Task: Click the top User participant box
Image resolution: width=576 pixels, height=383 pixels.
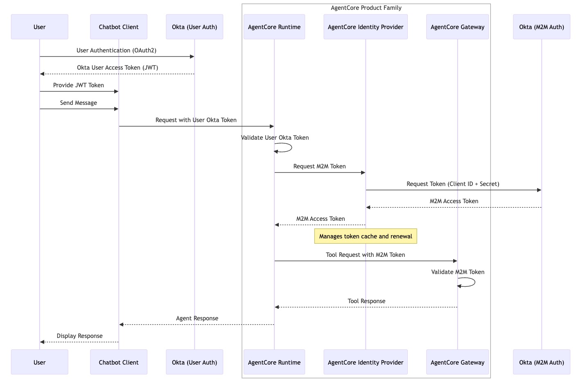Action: [x=40, y=27]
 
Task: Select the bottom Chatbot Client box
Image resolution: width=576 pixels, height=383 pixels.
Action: [x=119, y=362]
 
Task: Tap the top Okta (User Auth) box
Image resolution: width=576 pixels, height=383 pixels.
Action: [x=194, y=27]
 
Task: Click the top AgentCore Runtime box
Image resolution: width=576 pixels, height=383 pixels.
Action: [x=274, y=27]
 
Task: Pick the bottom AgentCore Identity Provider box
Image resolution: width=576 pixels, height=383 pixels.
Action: [x=366, y=362]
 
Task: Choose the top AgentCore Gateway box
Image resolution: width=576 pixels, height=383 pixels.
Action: [x=457, y=27]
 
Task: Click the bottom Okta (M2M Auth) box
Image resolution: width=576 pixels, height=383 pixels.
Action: [x=542, y=362]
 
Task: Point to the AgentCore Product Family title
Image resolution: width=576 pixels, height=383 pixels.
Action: [x=366, y=8]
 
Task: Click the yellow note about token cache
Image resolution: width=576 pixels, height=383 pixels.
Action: [x=366, y=236]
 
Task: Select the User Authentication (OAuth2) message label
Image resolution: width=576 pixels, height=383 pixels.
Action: [x=116, y=50]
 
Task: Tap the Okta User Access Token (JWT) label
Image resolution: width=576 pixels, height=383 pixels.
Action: [x=117, y=68]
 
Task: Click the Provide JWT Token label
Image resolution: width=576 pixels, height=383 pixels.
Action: [x=79, y=85]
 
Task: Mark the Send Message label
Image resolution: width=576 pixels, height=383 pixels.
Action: [x=79, y=103]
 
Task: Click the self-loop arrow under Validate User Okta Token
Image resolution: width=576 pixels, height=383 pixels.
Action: [x=291, y=147]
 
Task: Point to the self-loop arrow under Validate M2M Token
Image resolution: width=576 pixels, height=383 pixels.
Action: [x=475, y=282]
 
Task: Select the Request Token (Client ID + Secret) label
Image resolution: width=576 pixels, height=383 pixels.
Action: [x=453, y=184]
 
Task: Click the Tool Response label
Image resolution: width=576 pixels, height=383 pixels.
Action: [x=366, y=301]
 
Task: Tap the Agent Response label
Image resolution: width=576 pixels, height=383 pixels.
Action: [x=197, y=318]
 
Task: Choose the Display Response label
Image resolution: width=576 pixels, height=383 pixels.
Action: [x=79, y=336]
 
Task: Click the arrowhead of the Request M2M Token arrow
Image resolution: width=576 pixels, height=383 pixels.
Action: [x=364, y=172]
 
